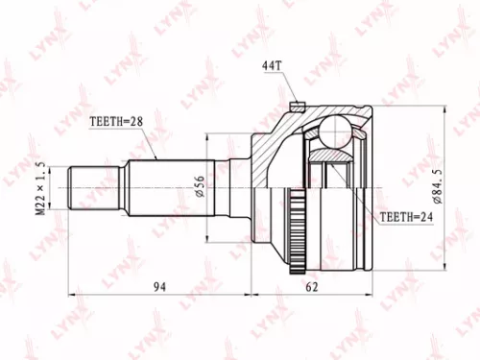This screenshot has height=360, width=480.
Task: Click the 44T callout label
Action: click(273, 65)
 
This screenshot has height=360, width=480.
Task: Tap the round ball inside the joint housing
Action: click(337, 129)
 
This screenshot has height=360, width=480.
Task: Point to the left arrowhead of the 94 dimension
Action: click(73, 288)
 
